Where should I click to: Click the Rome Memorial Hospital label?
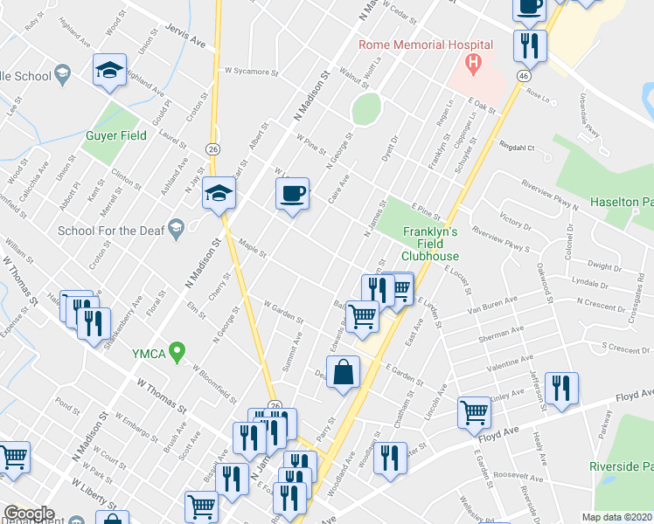pyautogui.click(x=424, y=45)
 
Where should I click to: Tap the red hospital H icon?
pyautogui.click(x=473, y=62)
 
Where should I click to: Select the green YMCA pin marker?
pyautogui.click(x=178, y=353)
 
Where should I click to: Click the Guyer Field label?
pyautogui.click(x=120, y=135)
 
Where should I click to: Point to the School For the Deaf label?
pyautogui.click(x=108, y=231)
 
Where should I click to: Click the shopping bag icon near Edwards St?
pyautogui.click(x=345, y=372)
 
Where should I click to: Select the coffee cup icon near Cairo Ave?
pyautogui.click(x=292, y=192)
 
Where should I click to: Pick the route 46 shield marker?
pyautogui.click(x=523, y=77)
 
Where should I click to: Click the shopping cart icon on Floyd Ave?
pyautogui.click(x=474, y=410)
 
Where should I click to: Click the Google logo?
pyautogui.click(x=29, y=514)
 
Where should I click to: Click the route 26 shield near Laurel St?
pyautogui.click(x=212, y=149)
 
